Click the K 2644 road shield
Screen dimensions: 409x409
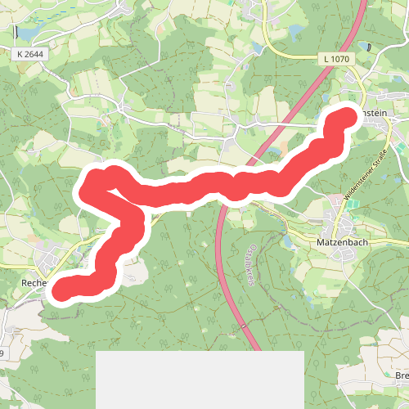tap(30, 53)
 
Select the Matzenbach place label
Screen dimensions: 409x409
tap(346, 244)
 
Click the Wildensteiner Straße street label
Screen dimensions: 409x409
tap(367, 164)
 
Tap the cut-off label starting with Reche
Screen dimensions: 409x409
tap(36, 283)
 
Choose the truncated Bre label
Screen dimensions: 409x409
tap(401, 375)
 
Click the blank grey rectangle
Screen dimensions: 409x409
tap(200, 380)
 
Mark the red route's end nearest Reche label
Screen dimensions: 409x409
tap(57, 290)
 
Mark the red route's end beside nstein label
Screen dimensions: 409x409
tap(345, 119)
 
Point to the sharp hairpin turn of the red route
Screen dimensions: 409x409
tap(85, 188)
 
